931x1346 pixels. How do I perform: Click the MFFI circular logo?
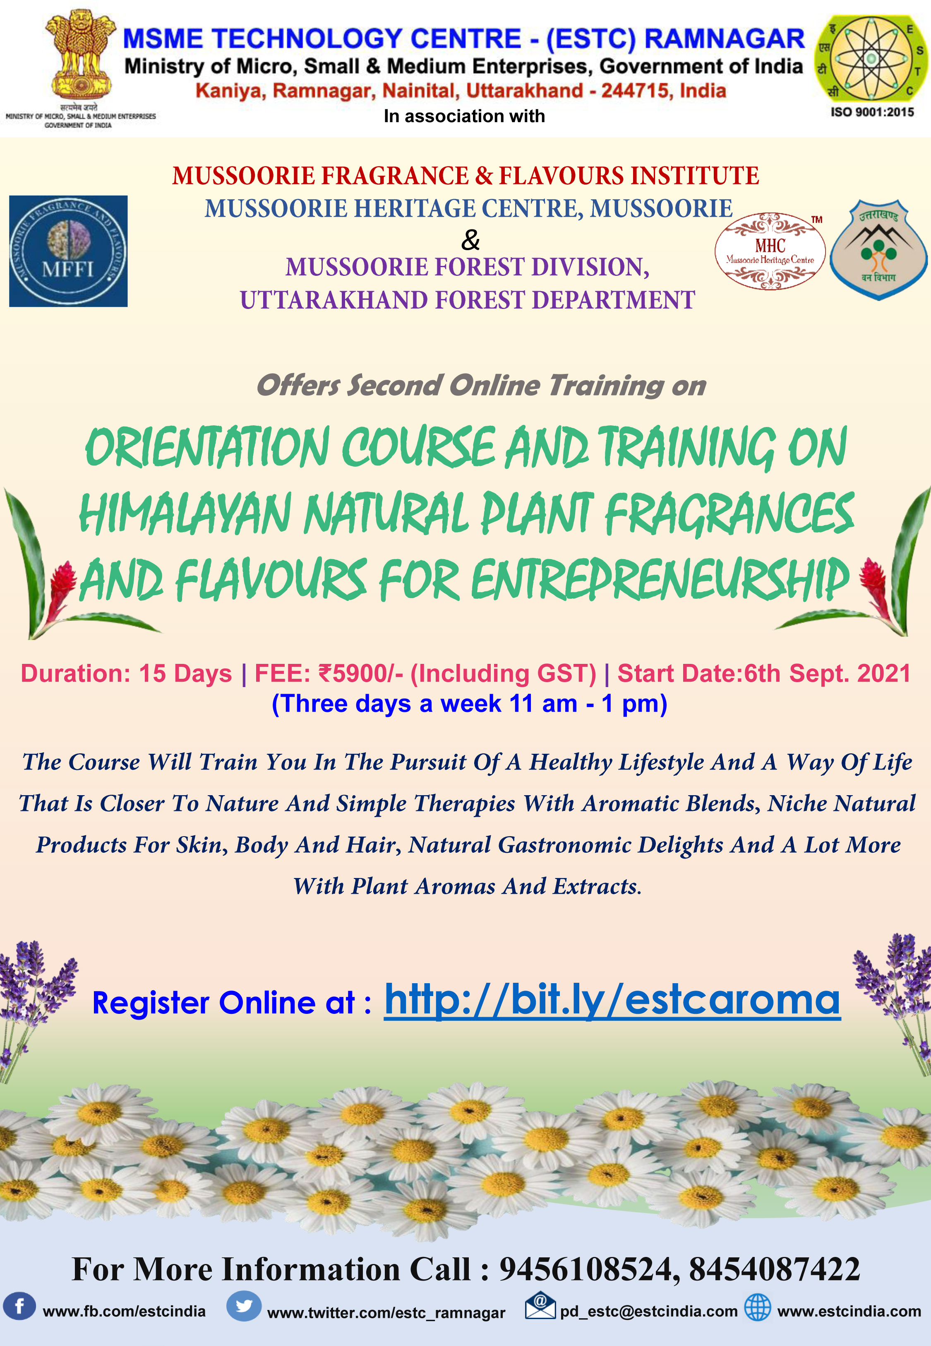click(68, 251)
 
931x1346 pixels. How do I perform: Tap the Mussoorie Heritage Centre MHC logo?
click(770, 251)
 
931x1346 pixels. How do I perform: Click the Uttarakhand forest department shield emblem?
click(878, 250)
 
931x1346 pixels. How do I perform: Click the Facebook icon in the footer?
click(19, 1306)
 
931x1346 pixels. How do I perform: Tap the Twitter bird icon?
click(244, 1306)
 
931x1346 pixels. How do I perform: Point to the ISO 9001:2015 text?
click(872, 112)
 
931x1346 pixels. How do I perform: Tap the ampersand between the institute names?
click(470, 240)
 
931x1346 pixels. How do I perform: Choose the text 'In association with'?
click(464, 116)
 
